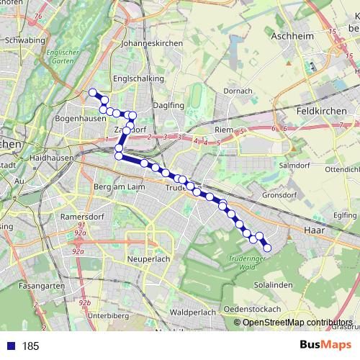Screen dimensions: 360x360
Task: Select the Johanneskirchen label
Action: click(x=150, y=43)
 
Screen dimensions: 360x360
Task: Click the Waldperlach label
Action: click(x=192, y=312)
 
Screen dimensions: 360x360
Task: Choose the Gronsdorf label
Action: click(x=279, y=195)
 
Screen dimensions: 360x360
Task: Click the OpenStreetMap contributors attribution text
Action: click(x=297, y=323)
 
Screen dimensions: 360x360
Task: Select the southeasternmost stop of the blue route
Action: click(x=267, y=248)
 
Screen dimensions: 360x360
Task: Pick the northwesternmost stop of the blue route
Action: click(x=92, y=92)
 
